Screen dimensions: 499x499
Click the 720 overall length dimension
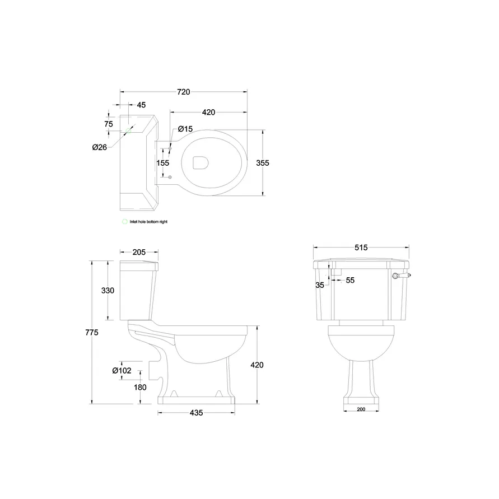184,92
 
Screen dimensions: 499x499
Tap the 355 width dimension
263,163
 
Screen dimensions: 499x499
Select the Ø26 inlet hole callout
100,147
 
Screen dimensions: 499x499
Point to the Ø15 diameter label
185,129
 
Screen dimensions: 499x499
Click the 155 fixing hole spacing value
162,163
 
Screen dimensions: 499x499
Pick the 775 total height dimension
92,333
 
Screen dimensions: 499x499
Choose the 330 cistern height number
108,291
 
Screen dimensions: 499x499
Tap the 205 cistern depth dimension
139,253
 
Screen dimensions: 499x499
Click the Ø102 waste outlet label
122,371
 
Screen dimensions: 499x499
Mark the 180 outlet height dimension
140,388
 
